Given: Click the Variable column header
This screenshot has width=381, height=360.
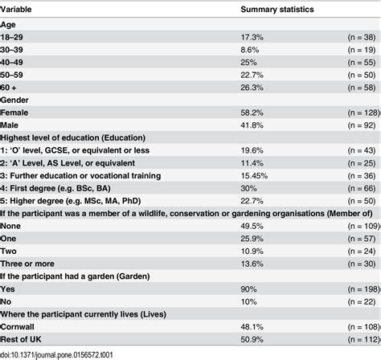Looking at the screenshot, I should pos(19,10).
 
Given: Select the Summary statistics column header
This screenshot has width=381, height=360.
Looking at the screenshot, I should pos(279,10).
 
